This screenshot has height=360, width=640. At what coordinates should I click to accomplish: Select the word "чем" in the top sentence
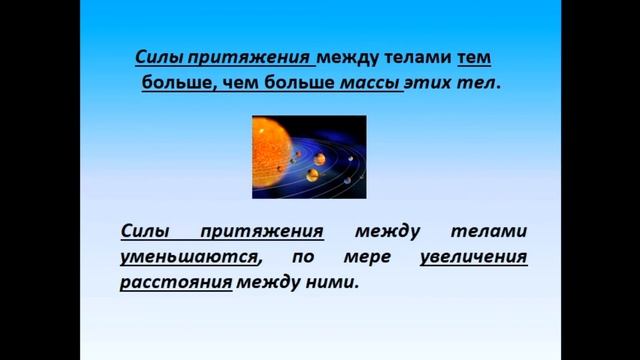[x=245, y=84]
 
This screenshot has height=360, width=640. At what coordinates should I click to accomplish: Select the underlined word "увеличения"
[x=474, y=257]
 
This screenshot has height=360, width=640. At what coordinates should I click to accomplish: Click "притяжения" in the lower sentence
[x=262, y=232]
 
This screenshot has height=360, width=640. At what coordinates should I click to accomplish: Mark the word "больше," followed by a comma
[x=176, y=84]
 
